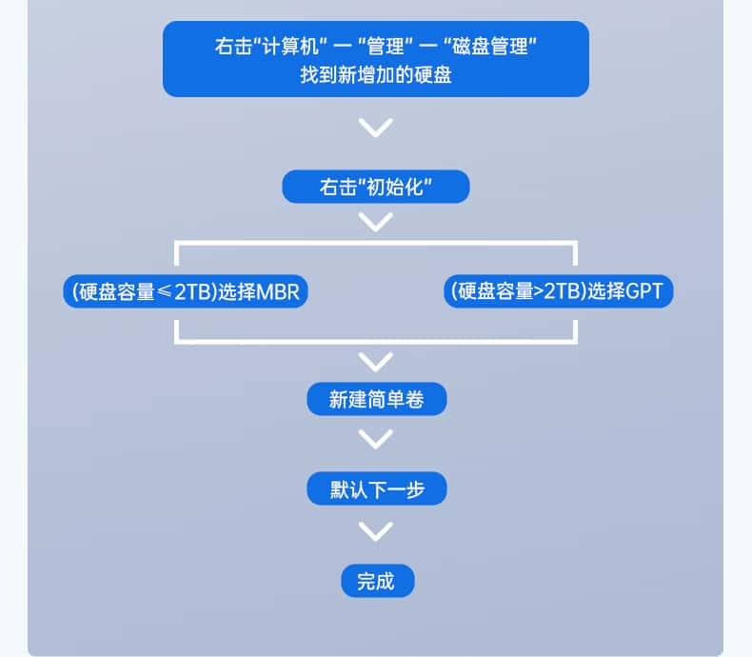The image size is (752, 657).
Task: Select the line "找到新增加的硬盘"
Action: pos(375,73)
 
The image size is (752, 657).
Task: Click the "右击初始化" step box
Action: pos(375,187)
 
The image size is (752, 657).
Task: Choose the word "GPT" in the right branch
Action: pos(643,291)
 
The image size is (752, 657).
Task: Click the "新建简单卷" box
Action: pos(376,400)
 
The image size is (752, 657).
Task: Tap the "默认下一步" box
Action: pos(376,489)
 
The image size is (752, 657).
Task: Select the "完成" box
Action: pos(376,580)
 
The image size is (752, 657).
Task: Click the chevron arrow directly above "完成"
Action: pos(376,530)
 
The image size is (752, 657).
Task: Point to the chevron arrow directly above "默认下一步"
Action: pos(376,440)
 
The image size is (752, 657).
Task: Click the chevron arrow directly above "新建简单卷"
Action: pos(376,361)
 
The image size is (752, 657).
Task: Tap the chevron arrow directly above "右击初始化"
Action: pos(376,127)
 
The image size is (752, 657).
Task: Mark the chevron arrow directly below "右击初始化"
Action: pos(376,223)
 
